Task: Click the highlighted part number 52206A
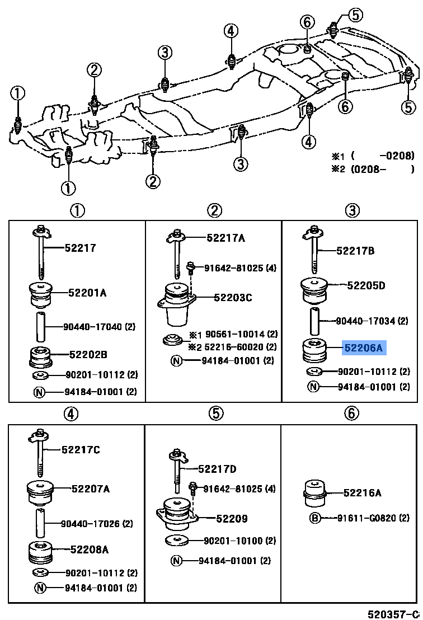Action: click(364, 348)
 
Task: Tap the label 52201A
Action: click(87, 292)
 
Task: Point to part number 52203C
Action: click(232, 297)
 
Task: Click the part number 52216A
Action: click(362, 492)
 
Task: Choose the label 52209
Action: click(232, 519)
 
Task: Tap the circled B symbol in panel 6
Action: click(315, 518)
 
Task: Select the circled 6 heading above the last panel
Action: click(351, 414)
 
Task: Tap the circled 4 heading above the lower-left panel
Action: click(70, 414)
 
